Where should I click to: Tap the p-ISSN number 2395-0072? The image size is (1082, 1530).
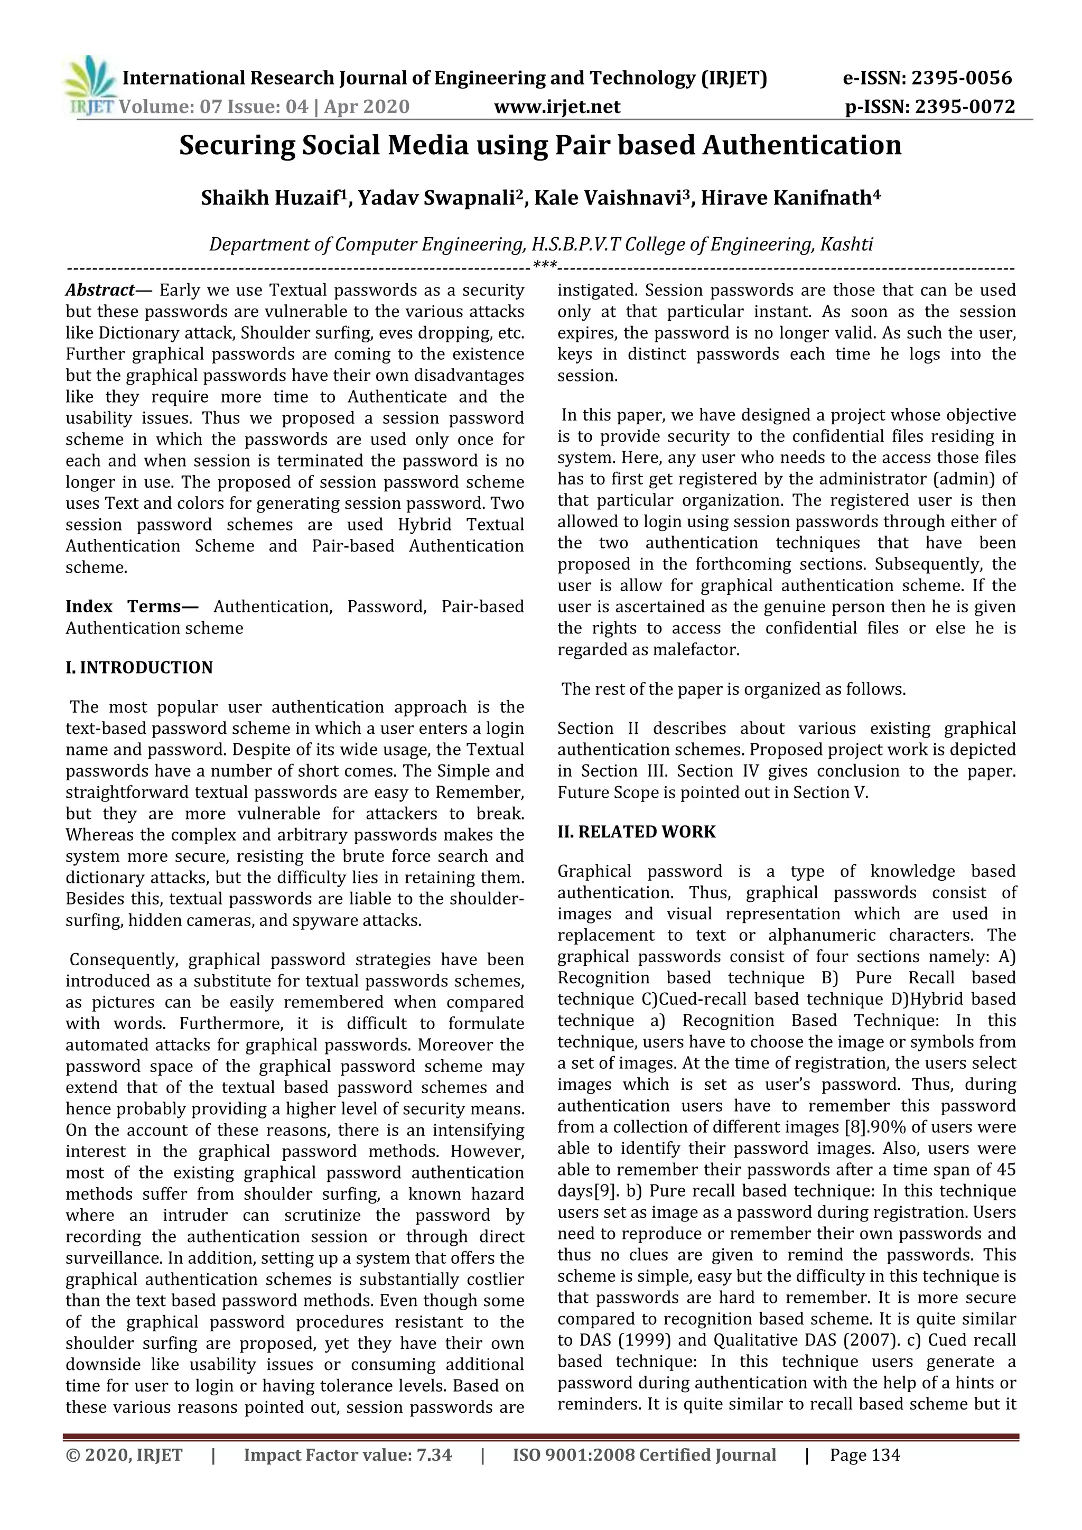coord(965,107)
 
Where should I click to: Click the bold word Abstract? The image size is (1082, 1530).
coord(100,291)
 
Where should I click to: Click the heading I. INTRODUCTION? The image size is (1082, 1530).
coord(139,668)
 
